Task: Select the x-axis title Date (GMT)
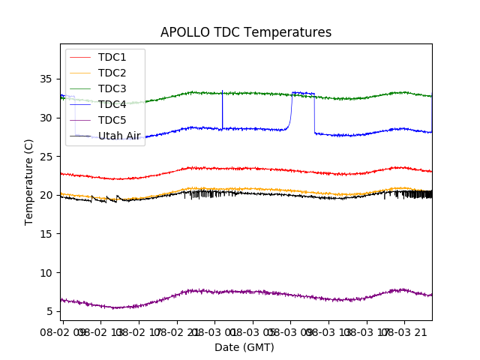pos(244,347)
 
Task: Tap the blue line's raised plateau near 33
pos(303,93)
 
